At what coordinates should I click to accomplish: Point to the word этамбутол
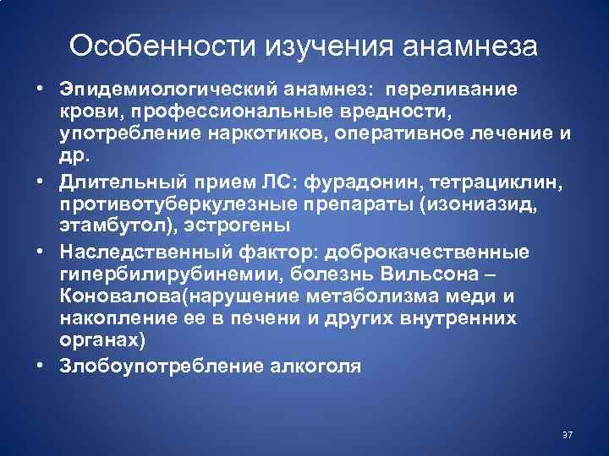[x=105, y=226]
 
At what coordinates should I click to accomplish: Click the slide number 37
[x=567, y=435]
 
